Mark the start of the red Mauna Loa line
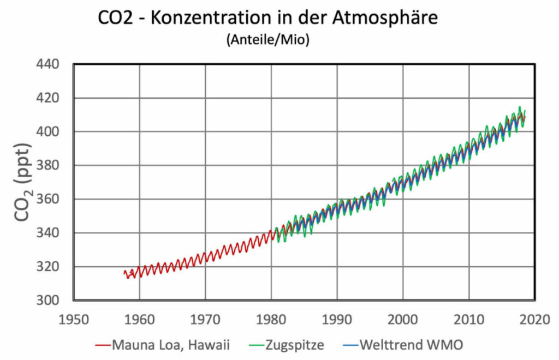(x=124, y=272)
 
